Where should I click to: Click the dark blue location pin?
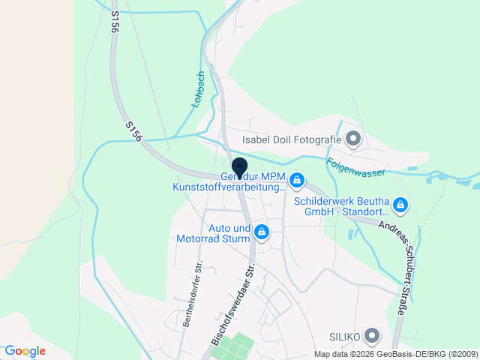(x=239, y=168)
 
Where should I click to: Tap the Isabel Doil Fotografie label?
(x=291, y=139)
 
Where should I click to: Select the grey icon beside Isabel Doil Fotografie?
(x=354, y=138)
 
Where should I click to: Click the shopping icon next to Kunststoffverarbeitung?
(x=297, y=181)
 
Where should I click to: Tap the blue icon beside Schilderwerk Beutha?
(x=400, y=204)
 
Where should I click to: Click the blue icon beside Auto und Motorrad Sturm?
(x=261, y=233)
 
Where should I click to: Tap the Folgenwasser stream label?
(x=355, y=166)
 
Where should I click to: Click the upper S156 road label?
(x=115, y=21)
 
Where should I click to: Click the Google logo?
(x=25, y=350)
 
